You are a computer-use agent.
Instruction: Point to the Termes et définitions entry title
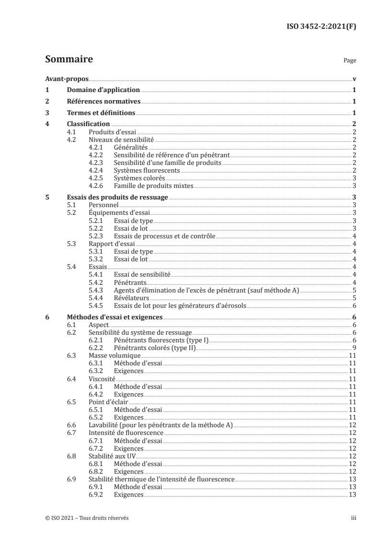coord(101,113)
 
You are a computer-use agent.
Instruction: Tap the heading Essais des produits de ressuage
coord(118,197)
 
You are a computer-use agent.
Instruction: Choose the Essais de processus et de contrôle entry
coord(164,236)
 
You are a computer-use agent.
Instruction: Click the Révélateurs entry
coord(132,298)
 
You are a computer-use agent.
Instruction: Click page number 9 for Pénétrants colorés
coord(354,348)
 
